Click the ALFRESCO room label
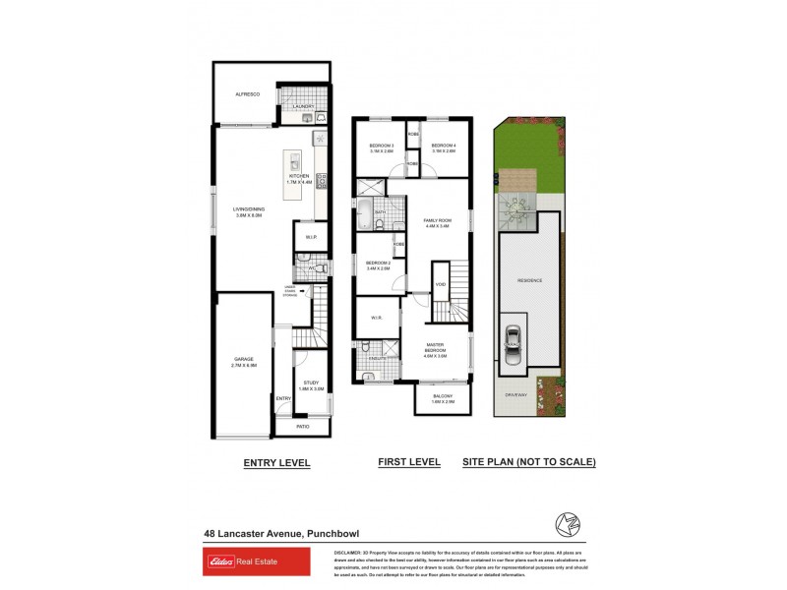coord(246,93)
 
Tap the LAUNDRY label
coord(302,106)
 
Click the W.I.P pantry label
coord(310,236)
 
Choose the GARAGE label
coord(244,360)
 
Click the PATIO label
coord(302,426)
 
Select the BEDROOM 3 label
coord(380,147)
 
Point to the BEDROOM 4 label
coord(443,147)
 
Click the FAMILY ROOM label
coord(436,221)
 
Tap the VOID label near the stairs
coord(441,285)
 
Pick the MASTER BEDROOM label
coord(436,347)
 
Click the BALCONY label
coord(443,396)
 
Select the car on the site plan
coord(512,340)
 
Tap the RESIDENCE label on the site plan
coord(530,280)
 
